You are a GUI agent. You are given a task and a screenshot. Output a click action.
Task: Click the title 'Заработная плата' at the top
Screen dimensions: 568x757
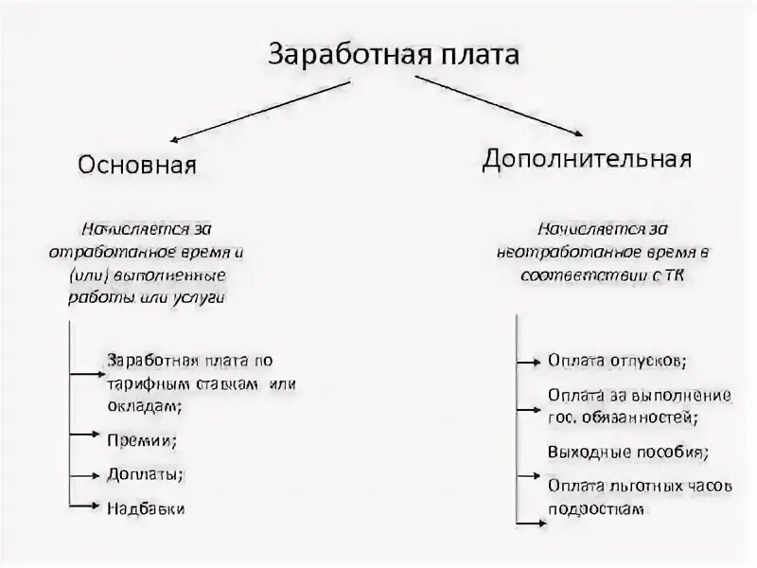[395, 53]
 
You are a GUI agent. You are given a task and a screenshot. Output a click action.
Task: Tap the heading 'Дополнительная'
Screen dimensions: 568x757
[587, 156]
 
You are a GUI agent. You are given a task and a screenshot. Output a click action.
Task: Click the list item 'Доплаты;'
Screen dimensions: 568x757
[145, 473]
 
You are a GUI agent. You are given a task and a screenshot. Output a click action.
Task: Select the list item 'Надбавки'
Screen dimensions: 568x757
[146, 508]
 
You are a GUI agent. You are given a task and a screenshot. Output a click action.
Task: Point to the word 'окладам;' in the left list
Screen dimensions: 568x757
[145, 404]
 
